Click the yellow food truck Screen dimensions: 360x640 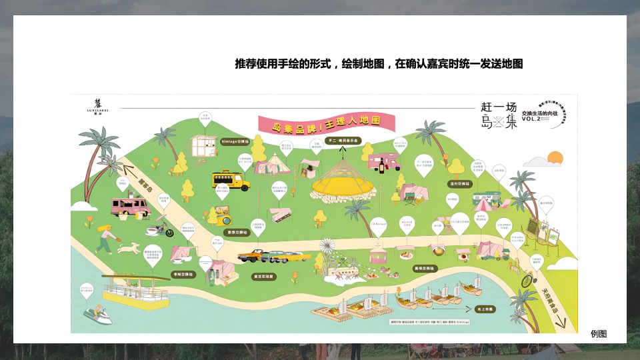point(231,180)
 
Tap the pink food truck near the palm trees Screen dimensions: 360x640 point(130,207)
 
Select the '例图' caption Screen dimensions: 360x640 point(599,334)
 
